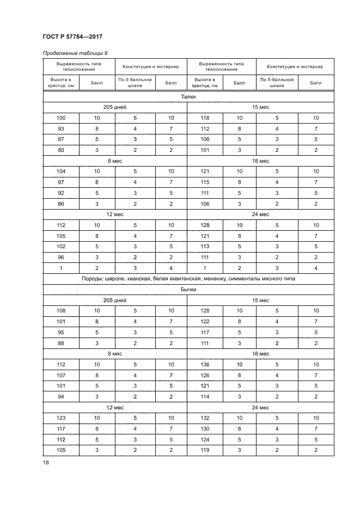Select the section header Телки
(x=188, y=97)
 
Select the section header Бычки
(x=188, y=290)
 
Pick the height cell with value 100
(x=61, y=118)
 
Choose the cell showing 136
(x=205, y=364)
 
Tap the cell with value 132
(x=205, y=417)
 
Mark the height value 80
(x=61, y=149)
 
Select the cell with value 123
(x=61, y=417)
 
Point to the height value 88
(x=61, y=342)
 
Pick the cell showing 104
(x=61, y=171)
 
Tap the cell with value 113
(x=205, y=246)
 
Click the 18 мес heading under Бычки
(x=260, y=353)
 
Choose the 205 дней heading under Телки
(x=115, y=107)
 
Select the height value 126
(x=205, y=375)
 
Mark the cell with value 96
(x=61, y=257)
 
